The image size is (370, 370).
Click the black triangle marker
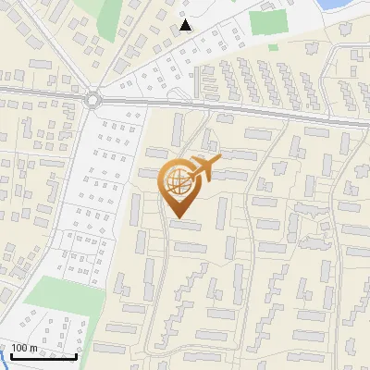187,25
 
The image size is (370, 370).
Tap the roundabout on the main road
93,97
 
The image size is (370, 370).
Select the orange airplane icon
204,168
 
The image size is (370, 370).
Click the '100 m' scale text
24,348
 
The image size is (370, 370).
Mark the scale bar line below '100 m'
43,356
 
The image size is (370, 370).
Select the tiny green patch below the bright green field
274,46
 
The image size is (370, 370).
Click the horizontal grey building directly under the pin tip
185,224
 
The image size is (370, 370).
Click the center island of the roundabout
93,97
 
